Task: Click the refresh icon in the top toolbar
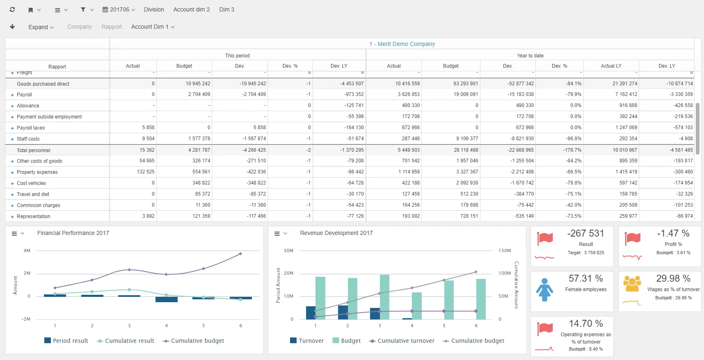pos(12,9)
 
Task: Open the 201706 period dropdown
pos(119,9)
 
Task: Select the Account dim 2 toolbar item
pos(191,9)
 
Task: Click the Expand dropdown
pos(41,27)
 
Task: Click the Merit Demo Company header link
pos(402,44)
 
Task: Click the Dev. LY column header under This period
pos(339,66)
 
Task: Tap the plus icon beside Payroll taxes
pos(12,128)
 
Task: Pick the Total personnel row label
pos(34,150)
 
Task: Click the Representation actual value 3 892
pos(148,216)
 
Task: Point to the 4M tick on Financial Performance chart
pos(27,251)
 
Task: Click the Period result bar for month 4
pos(166,299)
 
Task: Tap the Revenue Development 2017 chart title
pos(336,233)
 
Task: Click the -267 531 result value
pos(585,233)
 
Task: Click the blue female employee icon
pos(544,289)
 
